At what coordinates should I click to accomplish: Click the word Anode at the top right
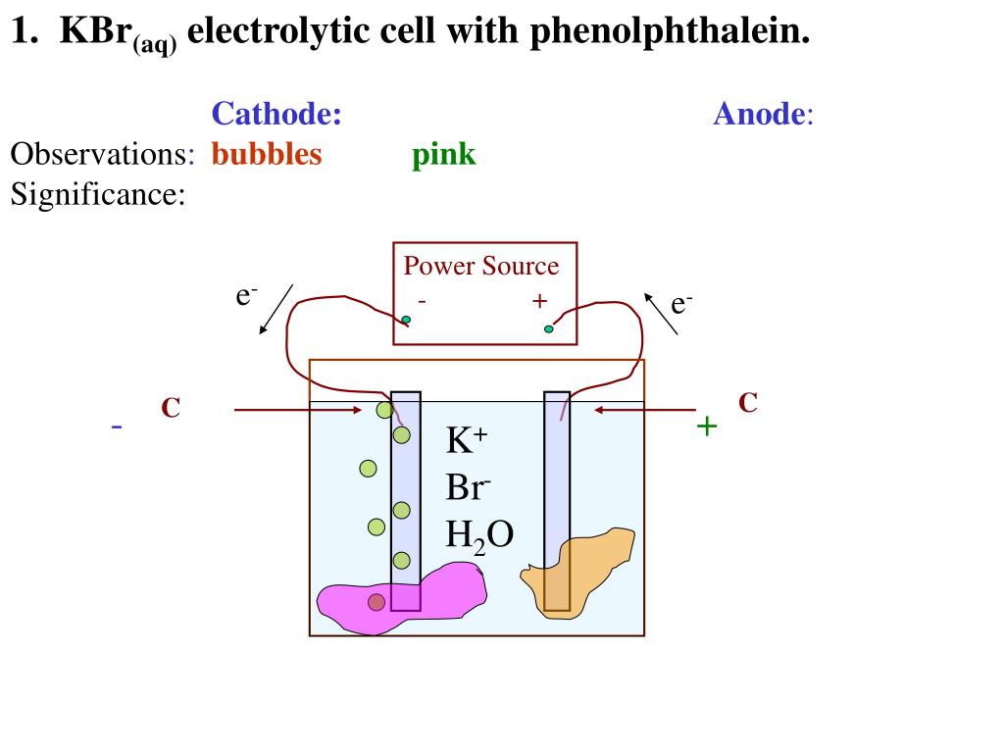point(759,115)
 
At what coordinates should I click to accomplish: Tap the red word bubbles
point(266,155)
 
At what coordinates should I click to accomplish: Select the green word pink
point(443,155)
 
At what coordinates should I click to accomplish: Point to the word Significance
point(97,194)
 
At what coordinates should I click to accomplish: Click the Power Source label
point(481,266)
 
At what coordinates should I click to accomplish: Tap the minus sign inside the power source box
point(422,300)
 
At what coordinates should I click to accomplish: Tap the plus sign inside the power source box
point(539,300)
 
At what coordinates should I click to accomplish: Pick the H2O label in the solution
point(479,535)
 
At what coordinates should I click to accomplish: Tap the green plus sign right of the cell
point(706,426)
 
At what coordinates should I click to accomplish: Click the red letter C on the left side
point(171,408)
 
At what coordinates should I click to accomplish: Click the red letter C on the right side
point(748,402)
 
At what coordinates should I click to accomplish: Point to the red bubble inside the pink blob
point(376,602)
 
